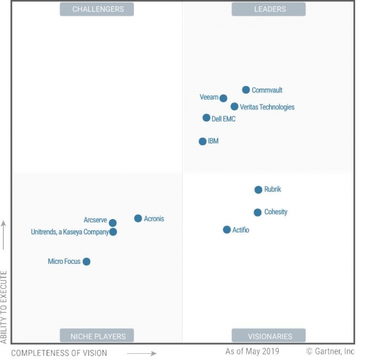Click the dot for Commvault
(x=246, y=90)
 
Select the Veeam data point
(x=223, y=97)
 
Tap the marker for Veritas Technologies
(x=234, y=107)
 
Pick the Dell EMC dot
(x=206, y=118)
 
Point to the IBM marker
(x=203, y=142)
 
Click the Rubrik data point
(x=259, y=190)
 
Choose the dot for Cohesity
(x=258, y=213)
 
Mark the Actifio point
(x=227, y=230)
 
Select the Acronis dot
(x=138, y=218)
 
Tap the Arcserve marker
(x=113, y=223)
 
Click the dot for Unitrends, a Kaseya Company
(x=113, y=232)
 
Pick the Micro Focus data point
(x=87, y=261)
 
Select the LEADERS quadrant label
(x=269, y=9)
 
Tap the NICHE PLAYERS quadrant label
(x=97, y=336)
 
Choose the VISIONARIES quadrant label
(x=269, y=336)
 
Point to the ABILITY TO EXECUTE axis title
(x=4, y=306)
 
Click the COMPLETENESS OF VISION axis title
(x=59, y=353)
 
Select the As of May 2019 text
(x=252, y=352)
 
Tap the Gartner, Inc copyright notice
(x=330, y=352)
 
